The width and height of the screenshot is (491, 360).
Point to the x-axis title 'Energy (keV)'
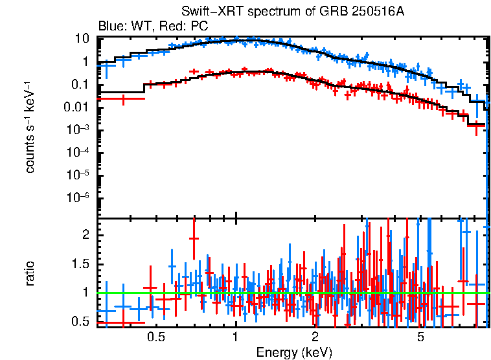click(294, 352)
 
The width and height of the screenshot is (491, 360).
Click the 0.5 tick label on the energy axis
click(155, 337)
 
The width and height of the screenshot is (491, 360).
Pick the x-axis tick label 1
click(235, 337)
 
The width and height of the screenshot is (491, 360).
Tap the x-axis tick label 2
click(315, 337)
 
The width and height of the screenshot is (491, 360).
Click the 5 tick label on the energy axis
click(420, 337)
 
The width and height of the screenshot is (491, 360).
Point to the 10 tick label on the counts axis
click(82, 39)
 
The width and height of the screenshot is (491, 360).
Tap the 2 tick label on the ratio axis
click(86, 236)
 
